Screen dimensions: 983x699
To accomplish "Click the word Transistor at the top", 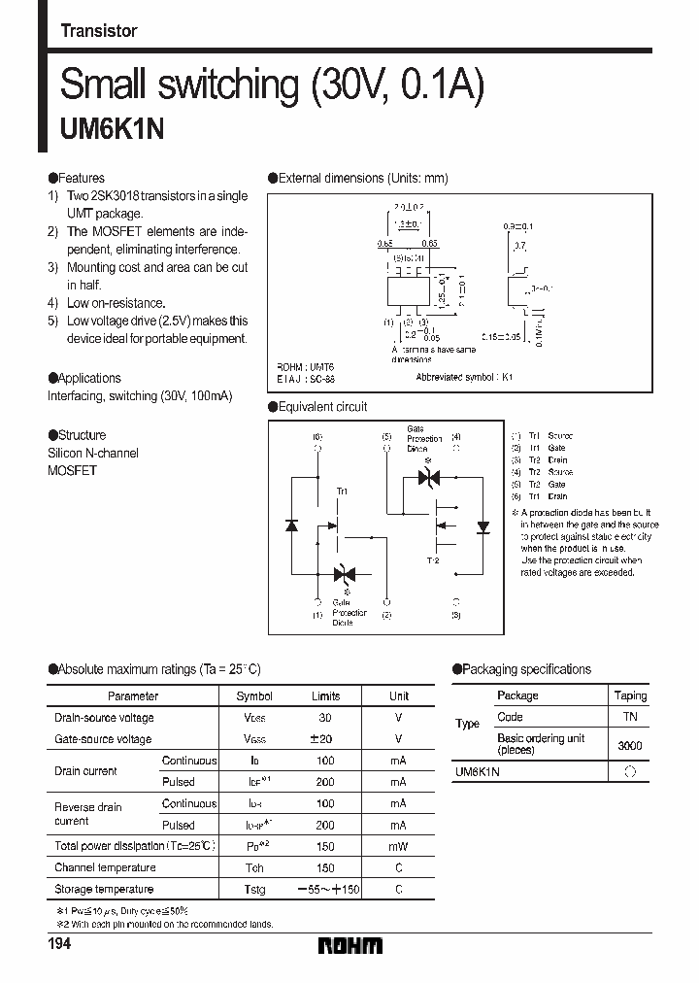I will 98,31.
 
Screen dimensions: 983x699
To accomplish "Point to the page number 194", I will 60,945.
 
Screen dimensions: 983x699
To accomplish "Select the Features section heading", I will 77,179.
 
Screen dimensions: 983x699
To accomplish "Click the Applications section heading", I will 84,378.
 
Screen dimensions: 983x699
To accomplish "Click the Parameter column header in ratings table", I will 133,696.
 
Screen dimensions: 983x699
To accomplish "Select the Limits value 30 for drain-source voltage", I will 325,718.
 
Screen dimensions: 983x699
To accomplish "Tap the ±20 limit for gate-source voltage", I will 325,739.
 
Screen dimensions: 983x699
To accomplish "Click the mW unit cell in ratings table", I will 398,846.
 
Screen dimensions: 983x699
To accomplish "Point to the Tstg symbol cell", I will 254,889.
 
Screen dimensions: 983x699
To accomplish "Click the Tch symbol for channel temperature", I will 254,867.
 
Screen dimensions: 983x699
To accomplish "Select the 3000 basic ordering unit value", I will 630,745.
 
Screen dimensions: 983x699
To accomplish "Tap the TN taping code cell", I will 630,717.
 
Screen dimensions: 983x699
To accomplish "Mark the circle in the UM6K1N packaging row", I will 630,772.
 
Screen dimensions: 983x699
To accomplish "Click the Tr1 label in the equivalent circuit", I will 342,492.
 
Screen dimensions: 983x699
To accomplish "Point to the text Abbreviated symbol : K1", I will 464,376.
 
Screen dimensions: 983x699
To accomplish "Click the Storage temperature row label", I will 104,889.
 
